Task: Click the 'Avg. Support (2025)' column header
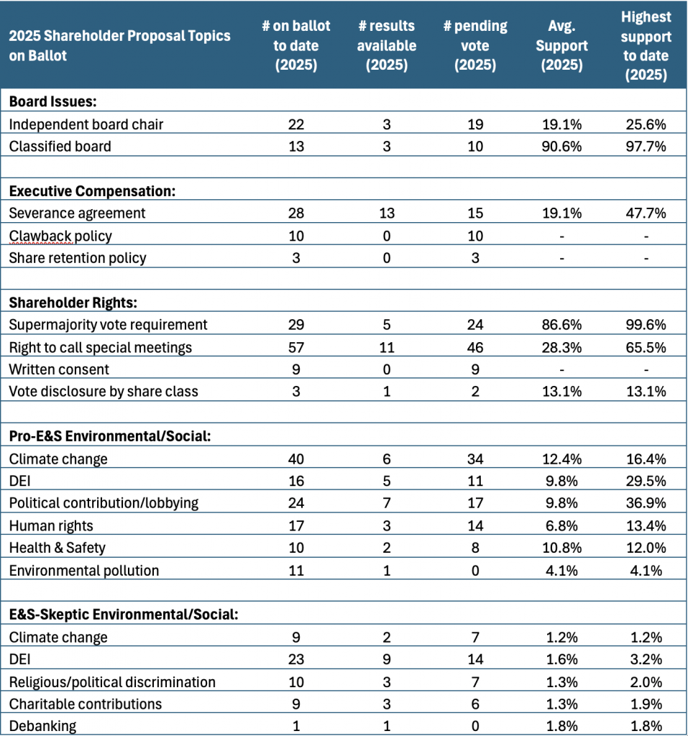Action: tap(561, 45)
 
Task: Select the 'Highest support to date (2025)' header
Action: tap(646, 45)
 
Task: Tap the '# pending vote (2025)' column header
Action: tap(475, 45)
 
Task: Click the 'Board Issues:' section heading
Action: tap(52, 101)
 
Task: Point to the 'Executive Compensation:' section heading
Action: tap(92, 191)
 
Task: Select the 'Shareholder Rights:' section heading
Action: tap(73, 303)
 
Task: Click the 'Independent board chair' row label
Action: tap(86, 124)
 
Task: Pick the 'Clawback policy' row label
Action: tap(60, 236)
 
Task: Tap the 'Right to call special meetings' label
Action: tap(100, 347)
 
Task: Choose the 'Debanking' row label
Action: tap(42, 726)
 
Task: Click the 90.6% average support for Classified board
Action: tap(561, 147)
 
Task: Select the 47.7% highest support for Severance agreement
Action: tap(646, 213)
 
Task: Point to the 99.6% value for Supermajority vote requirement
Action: tap(646, 325)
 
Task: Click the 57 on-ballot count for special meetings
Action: tap(296, 347)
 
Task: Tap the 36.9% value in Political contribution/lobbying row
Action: tap(646, 503)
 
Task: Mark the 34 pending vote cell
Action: tap(475, 459)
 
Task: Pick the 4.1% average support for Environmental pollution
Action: tap(561, 571)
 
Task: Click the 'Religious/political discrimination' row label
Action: tap(111, 682)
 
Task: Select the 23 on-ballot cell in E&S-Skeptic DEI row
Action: tap(296, 660)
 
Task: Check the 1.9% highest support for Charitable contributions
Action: tap(646, 704)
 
